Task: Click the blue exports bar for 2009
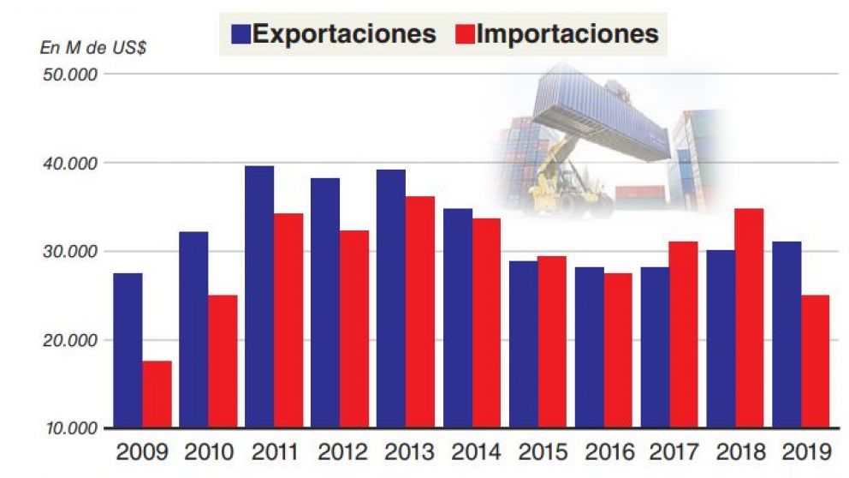coord(128,350)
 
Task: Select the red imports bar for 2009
coord(157,394)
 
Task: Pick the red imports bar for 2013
coord(419,312)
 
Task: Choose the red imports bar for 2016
coord(618,350)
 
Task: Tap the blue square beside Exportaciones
coord(240,34)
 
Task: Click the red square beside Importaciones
coord(463,34)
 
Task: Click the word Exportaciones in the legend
coord(344,33)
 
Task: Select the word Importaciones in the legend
coord(567,33)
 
